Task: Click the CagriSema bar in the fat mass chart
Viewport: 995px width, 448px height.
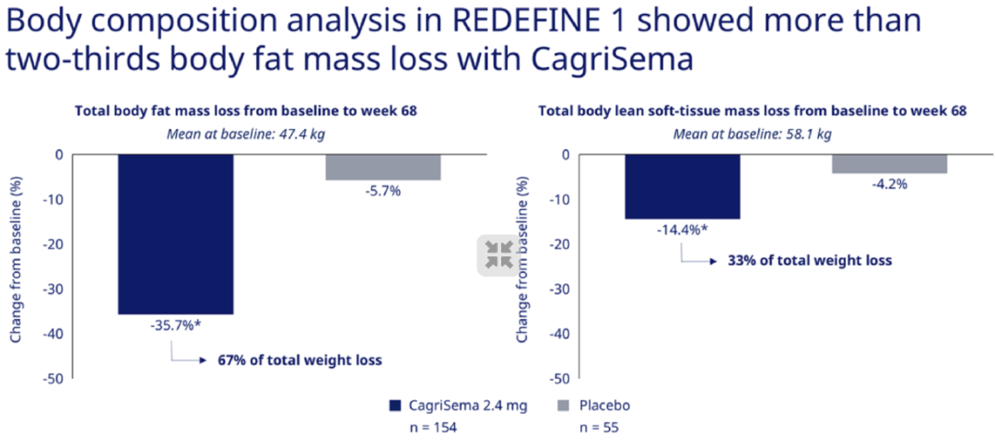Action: pos(175,234)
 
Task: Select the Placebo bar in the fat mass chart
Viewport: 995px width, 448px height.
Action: pos(382,167)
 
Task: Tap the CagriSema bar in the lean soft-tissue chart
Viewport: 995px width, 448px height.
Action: pos(682,186)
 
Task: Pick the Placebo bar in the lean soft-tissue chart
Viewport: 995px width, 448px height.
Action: pos(889,163)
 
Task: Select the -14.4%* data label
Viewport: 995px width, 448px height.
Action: pos(682,230)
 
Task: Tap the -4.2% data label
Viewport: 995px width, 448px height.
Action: pos(889,183)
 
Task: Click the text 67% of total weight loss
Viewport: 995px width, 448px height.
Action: pos(299,360)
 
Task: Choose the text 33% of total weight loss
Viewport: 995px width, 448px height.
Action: pos(810,260)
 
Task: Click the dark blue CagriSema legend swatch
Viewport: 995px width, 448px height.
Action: pos(396,406)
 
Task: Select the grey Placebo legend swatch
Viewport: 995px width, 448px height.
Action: pos(567,406)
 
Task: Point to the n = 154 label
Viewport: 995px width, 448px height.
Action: pos(432,428)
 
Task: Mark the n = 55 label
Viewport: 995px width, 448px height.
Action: pos(599,428)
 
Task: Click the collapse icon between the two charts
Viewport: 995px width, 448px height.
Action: pos(499,255)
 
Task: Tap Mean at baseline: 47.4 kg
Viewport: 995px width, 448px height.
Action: pos(245,134)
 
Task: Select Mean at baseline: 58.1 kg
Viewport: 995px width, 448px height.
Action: pos(752,134)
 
